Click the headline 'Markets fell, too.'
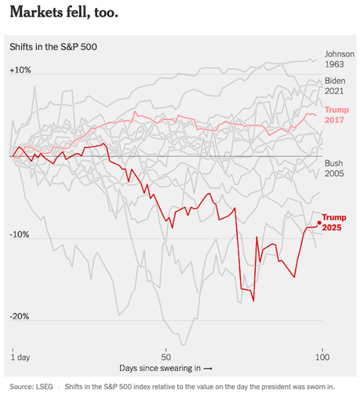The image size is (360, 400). click(64, 13)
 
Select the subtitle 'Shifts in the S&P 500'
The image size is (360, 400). click(52, 48)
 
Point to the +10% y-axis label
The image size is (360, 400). click(20, 70)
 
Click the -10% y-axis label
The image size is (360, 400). click(20, 235)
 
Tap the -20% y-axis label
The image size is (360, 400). click(20, 317)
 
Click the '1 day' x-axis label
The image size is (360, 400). click(20, 357)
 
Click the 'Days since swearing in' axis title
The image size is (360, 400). click(161, 368)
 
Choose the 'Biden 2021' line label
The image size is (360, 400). click(336, 86)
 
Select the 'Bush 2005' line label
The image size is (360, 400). click(335, 169)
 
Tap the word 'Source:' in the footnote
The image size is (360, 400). click(22, 387)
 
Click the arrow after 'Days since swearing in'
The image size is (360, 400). click(208, 368)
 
